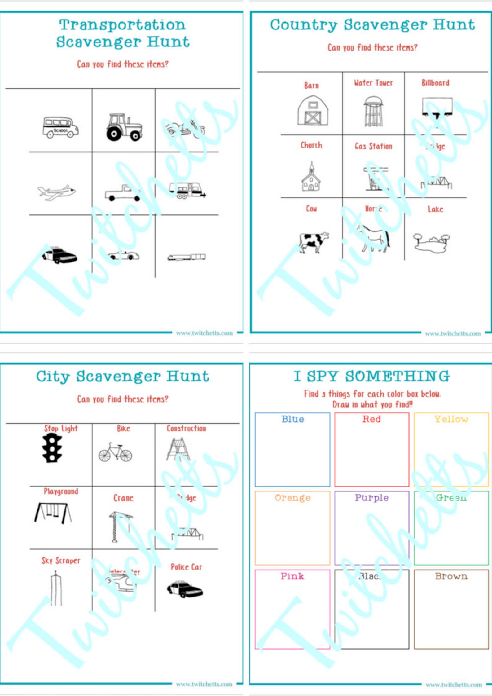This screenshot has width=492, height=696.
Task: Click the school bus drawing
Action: point(60,127)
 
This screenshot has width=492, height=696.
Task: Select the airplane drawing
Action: point(56,192)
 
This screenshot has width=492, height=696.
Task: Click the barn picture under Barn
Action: point(312,111)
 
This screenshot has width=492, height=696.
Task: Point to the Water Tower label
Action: point(373,83)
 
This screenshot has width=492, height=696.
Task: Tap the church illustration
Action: point(311,177)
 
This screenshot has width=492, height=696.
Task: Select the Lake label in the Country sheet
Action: point(435,209)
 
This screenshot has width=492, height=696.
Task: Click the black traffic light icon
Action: point(52,448)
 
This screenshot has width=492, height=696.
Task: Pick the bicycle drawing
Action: point(115,453)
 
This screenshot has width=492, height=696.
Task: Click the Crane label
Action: point(123,498)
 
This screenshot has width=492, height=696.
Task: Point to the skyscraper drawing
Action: point(56,589)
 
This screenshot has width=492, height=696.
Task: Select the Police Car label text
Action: point(186,567)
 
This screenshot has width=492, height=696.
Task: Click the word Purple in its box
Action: point(371,498)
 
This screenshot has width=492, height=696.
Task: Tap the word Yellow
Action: point(451,419)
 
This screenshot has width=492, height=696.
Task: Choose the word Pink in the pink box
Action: point(292,576)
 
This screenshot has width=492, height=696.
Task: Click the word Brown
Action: point(451,576)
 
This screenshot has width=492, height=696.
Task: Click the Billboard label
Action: point(435,83)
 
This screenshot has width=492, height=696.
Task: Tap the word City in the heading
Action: point(53,377)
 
